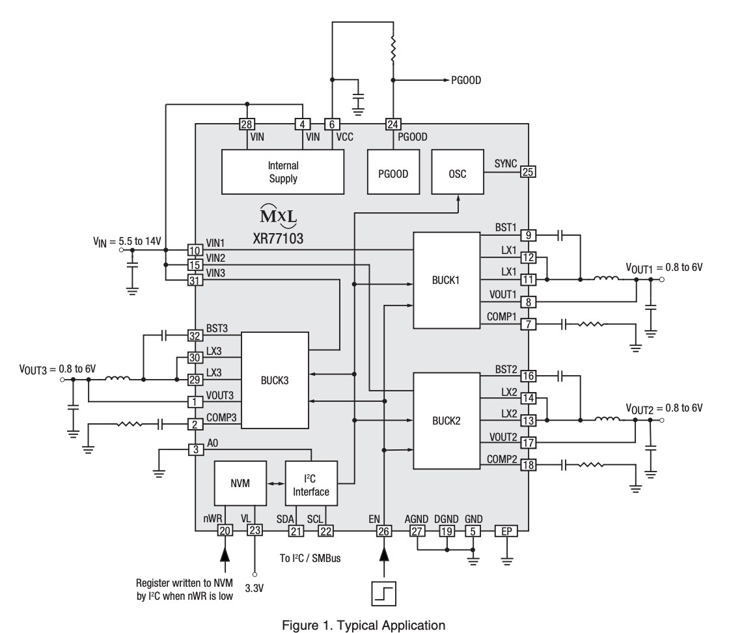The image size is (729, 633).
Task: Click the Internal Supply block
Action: [x=282, y=172]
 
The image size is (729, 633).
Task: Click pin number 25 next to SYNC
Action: [x=528, y=172]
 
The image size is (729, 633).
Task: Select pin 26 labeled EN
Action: [x=384, y=531]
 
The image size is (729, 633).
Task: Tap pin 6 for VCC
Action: [x=332, y=124]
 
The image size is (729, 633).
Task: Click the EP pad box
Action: [x=505, y=531]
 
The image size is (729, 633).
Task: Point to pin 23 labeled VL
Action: [x=254, y=531]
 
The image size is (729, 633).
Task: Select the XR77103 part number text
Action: [x=278, y=238]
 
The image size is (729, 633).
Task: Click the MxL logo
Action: [x=277, y=215]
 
